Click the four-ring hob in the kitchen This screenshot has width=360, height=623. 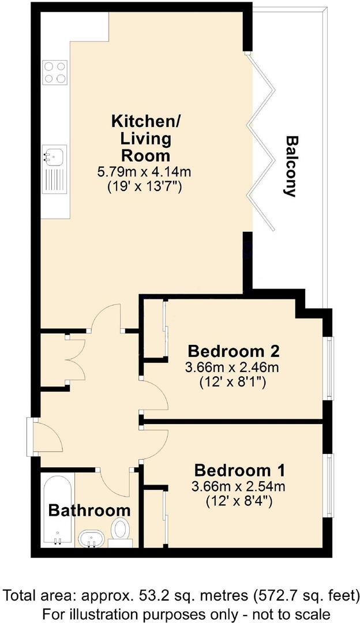(x=55, y=73)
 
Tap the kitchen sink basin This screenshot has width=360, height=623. (x=55, y=155)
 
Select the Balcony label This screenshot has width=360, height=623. (x=291, y=166)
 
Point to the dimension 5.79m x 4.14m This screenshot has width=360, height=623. (x=145, y=172)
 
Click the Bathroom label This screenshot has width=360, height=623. (x=89, y=510)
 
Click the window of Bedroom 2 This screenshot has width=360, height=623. (x=329, y=368)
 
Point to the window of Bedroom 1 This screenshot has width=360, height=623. (x=329, y=486)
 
